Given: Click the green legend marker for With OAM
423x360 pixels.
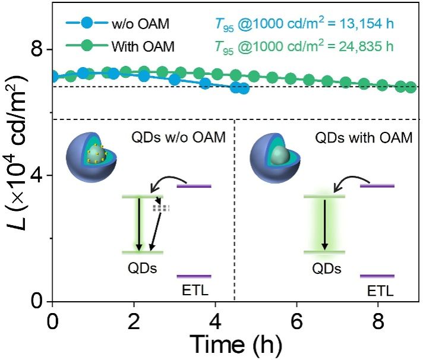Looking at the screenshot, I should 87,45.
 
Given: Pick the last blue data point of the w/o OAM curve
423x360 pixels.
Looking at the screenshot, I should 242,89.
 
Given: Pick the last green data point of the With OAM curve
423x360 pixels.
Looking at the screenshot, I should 410,87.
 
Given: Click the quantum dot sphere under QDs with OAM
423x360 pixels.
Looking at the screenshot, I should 275,159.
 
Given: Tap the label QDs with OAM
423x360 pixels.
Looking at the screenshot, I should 363,138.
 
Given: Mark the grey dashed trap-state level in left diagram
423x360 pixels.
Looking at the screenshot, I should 161,209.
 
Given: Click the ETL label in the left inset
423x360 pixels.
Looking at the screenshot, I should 194,290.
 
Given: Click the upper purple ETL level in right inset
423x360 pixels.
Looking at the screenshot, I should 378,186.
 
